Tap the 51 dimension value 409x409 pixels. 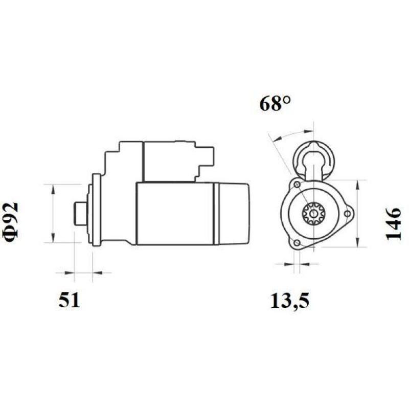69,301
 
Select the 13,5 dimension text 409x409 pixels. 290,301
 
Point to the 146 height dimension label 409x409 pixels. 394,223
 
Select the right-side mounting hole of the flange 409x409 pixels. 347,214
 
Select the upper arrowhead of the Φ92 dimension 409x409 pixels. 53,187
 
